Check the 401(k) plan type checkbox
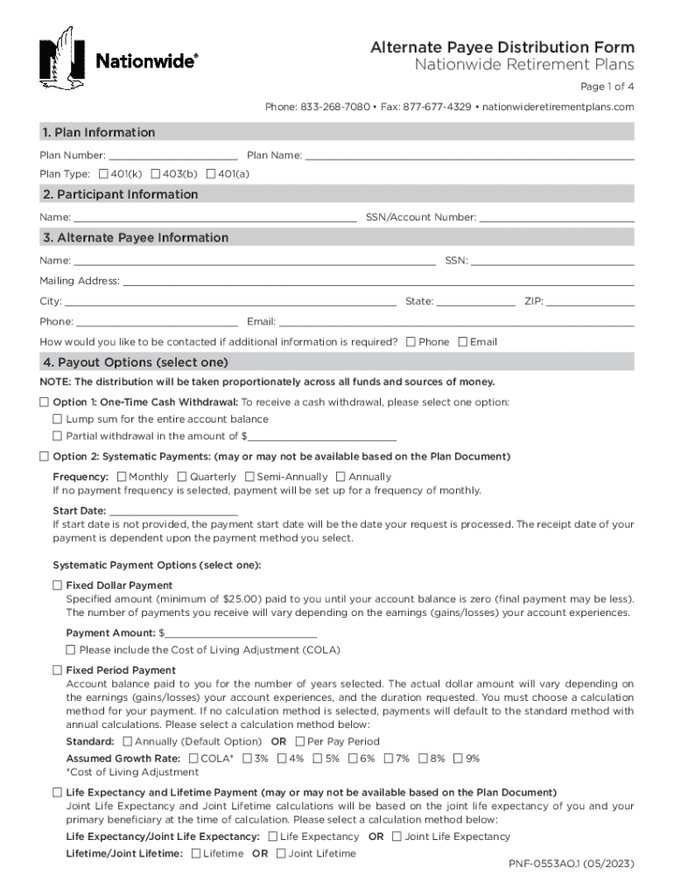104,174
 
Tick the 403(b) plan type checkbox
155,174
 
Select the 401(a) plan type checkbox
211,174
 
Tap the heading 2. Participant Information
120,194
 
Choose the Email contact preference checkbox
463,342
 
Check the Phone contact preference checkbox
411,342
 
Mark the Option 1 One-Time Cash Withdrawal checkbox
45,402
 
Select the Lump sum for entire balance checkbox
58,419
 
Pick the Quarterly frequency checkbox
182,477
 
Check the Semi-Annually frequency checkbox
249,477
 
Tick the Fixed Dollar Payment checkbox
58,584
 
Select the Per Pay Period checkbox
298,741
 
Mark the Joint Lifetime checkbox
281,853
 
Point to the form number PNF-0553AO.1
572,864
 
